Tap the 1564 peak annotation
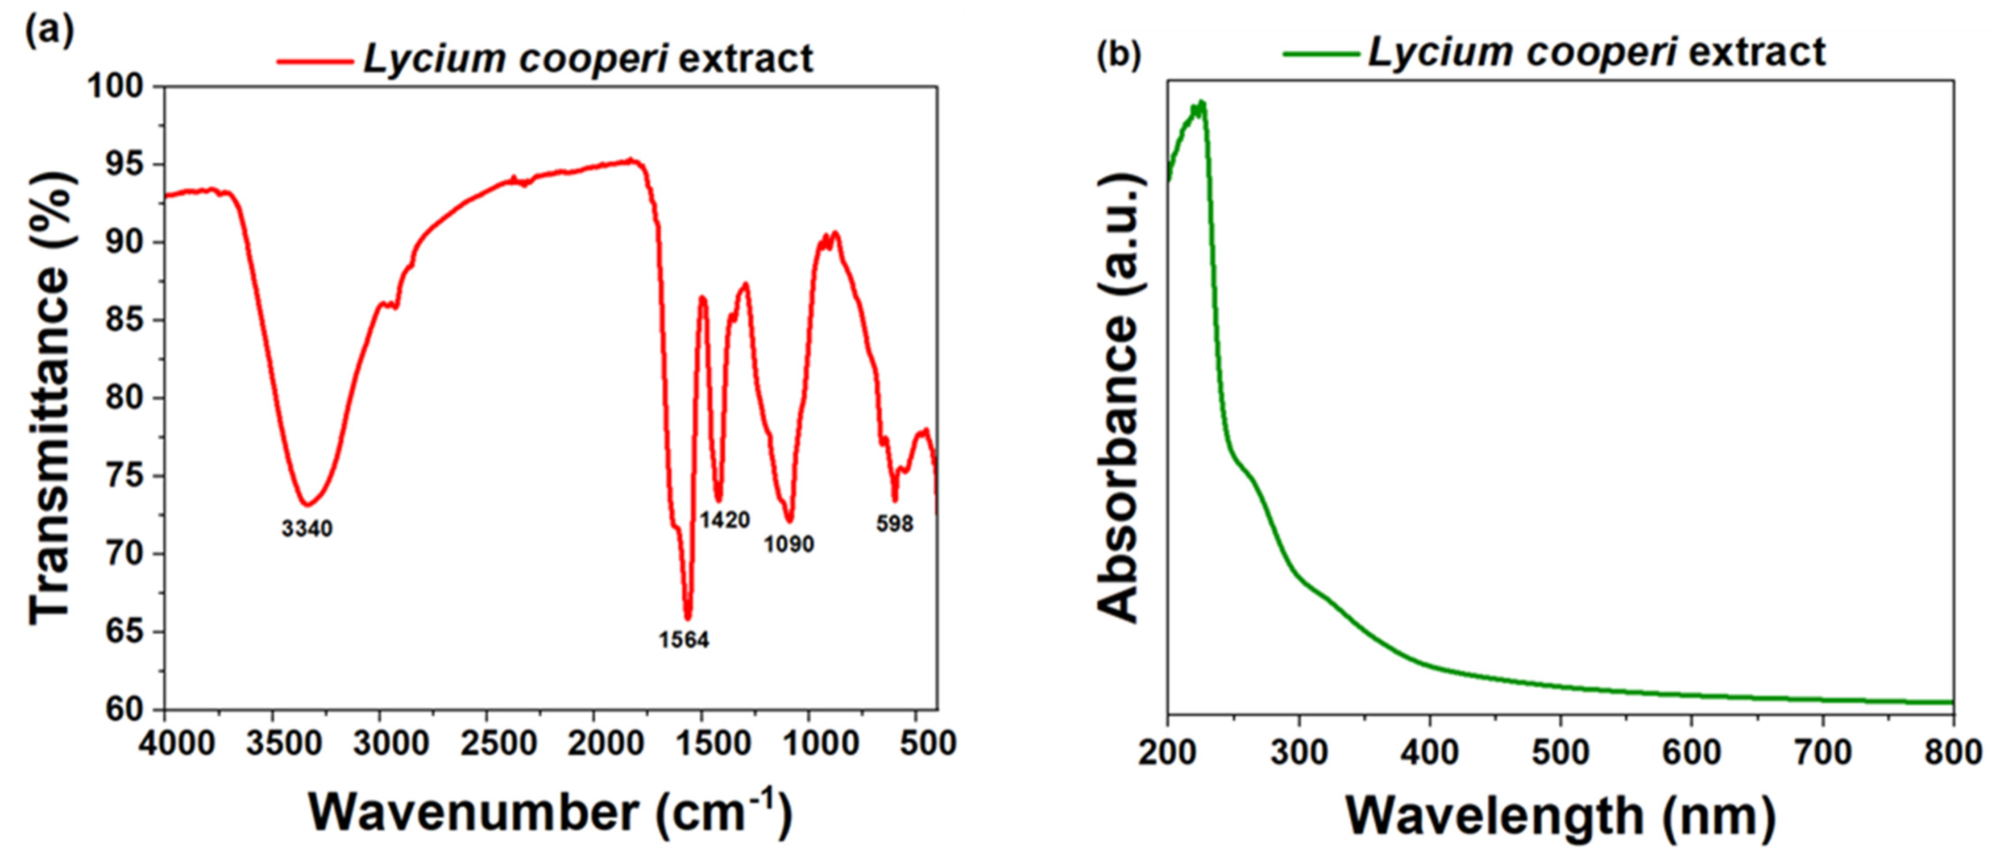684,640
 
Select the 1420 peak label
725,520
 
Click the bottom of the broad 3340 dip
307,505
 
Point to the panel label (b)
1119,56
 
